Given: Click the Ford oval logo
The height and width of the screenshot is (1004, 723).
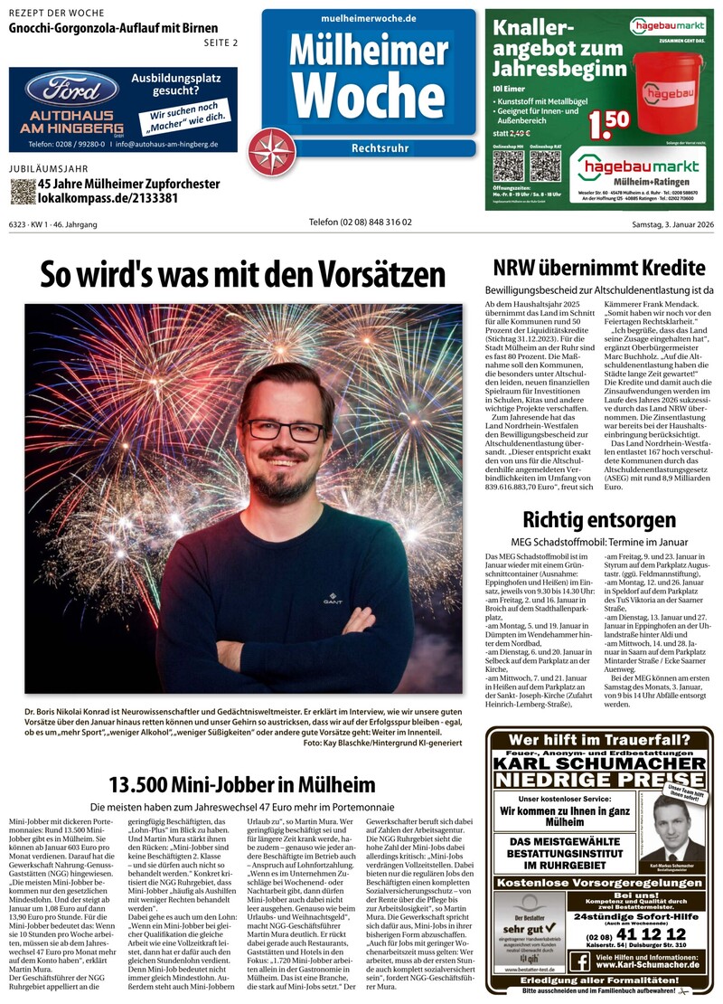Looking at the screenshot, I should [71, 90].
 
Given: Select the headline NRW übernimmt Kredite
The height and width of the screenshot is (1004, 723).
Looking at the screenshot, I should [599, 268].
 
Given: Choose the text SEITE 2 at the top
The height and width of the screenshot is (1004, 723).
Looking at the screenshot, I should [221, 43].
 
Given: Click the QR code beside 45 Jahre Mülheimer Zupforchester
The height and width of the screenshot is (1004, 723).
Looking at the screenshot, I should [23, 191].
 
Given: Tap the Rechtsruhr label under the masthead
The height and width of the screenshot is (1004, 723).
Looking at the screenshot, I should [380, 148].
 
